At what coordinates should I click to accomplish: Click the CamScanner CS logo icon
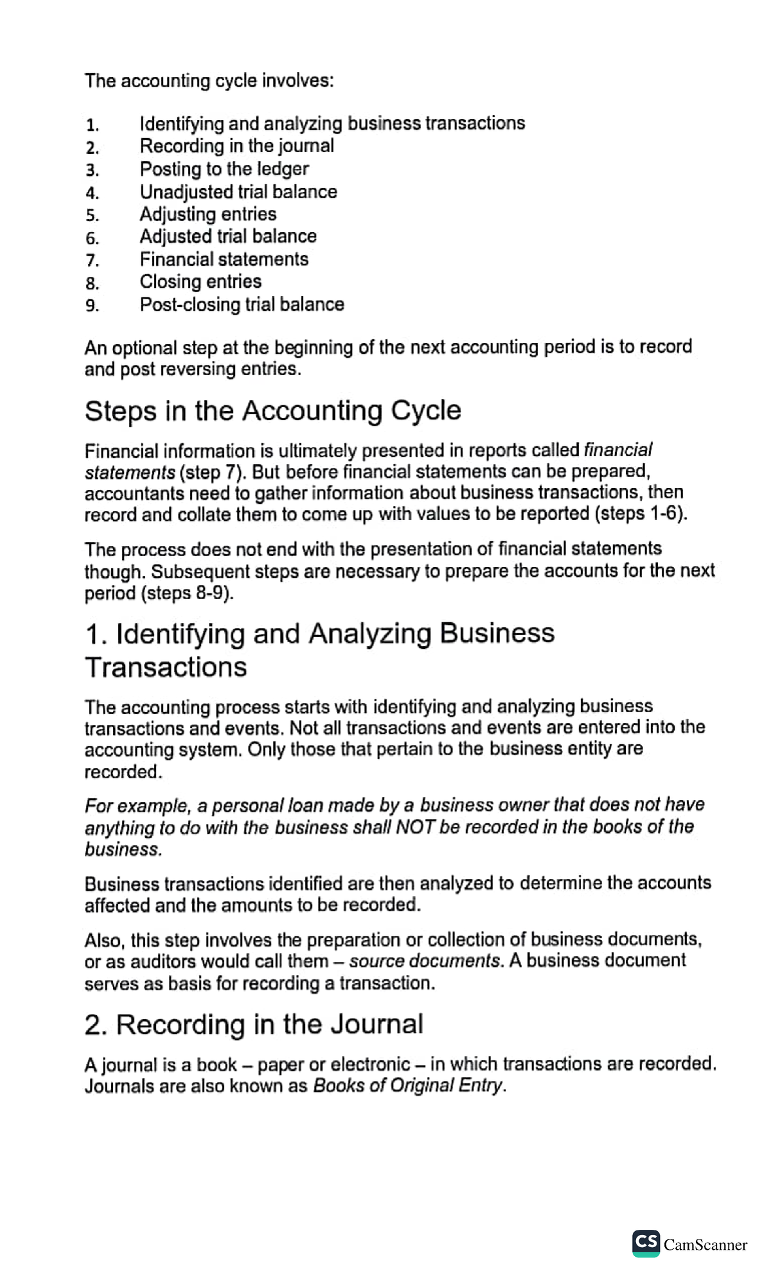point(646,1243)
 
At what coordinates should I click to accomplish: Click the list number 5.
point(93,215)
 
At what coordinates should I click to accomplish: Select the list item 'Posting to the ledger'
point(224,169)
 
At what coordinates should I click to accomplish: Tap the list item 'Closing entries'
point(200,281)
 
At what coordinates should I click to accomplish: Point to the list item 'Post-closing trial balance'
point(242,304)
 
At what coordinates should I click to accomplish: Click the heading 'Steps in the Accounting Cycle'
point(272,410)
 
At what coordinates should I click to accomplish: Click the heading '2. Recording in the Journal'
point(253,1024)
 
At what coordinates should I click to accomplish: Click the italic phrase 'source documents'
point(425,961)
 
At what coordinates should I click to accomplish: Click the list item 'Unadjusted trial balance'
point(238,192)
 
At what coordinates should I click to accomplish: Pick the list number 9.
point(93,306)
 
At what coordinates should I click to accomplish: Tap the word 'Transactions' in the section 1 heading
point(166,667)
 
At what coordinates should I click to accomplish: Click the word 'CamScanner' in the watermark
point(705,1245)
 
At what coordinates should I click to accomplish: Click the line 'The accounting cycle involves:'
point(209,81)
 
